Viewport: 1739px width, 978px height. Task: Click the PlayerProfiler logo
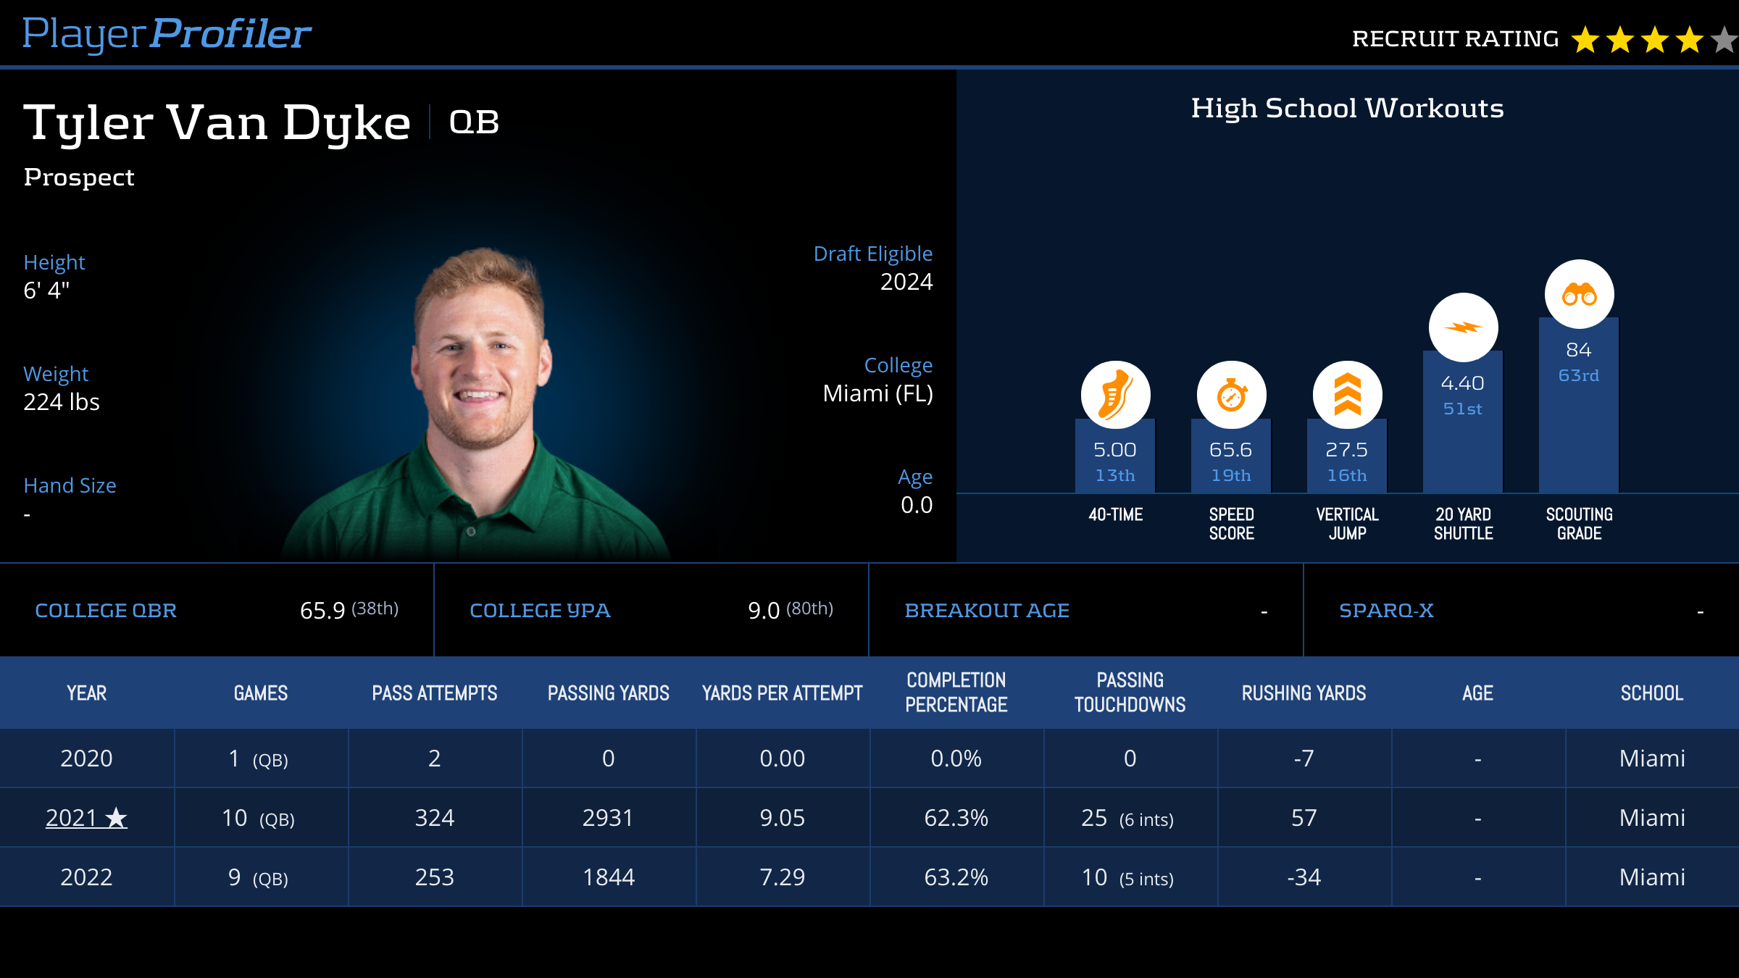pos(167,34)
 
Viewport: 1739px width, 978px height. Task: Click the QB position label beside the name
pos(474,122)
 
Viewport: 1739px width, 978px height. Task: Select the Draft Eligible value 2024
pos(906,282)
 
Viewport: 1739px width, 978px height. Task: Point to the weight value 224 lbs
pos(62,402)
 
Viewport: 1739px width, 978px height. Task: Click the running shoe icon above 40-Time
pos(1115,395)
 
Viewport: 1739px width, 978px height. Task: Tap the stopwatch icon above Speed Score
pos(1231,395)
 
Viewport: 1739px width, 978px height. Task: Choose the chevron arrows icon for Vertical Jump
pos(1347,395)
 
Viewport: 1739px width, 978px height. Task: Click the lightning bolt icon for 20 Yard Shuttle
pos(1463,327)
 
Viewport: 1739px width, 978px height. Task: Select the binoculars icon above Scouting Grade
pos(1579,294)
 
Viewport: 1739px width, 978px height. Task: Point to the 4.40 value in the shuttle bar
pos(1462,383)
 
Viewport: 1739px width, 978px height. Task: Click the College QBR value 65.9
pos(322,611)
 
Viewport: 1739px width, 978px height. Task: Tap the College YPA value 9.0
pos(764,611)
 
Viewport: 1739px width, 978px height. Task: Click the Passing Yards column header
pos(608,693)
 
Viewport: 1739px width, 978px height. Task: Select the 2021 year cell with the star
pos(86,818)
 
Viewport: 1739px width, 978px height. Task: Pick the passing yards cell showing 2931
pos(608,818)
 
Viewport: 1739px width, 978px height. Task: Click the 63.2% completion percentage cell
pos(956,877)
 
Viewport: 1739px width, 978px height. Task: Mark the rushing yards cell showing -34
pos(1304,877)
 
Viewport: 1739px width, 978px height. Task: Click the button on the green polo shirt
pos(471,532)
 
